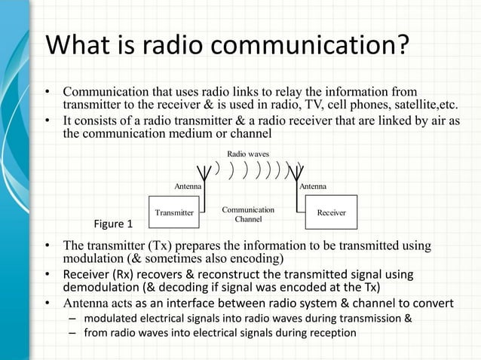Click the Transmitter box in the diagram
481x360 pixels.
[174, 212]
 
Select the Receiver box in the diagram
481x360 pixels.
[331, 212]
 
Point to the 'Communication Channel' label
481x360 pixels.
[248, 214]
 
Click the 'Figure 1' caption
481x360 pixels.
[112, 224]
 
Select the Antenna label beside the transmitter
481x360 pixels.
[188, 185]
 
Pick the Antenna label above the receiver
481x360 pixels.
[313, 185]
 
